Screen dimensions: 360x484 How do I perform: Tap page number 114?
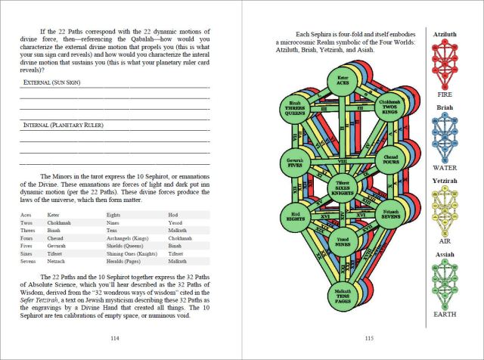point(115,338)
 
